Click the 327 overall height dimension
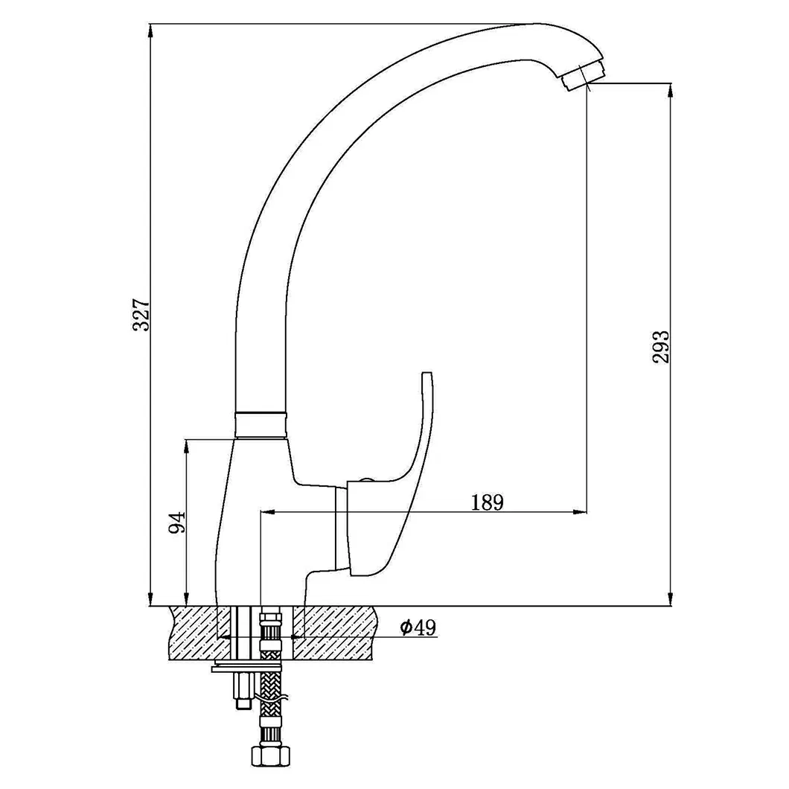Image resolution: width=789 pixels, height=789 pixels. coord(142,315)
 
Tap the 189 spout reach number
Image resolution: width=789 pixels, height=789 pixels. coord(488,502)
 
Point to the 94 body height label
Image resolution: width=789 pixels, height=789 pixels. coord(176,523)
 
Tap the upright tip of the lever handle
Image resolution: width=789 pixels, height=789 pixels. coord(427,377)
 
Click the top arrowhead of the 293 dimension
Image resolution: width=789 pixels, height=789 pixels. coord(671,89)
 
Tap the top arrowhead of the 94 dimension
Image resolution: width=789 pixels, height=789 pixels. coord(185,445)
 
